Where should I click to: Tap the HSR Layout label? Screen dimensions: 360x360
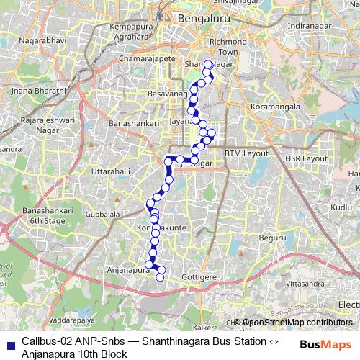[306, 158]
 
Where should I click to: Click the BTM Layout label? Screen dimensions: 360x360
[246, 153]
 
